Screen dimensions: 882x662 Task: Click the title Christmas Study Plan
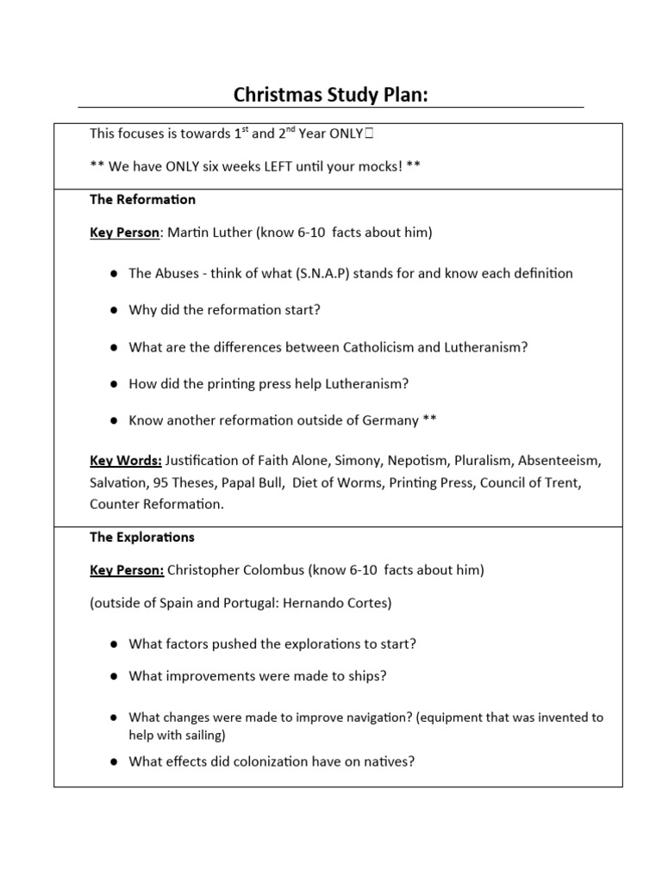click(x=331, y=94)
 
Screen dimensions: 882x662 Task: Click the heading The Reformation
click(x=142, y=200)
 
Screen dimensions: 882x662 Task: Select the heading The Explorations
click(x=142, y=537)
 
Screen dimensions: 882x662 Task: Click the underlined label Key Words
click(x=126, y=460)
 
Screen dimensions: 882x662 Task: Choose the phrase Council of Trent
click(x=530, y=482)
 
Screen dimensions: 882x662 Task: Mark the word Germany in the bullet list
click(x=387, y=420)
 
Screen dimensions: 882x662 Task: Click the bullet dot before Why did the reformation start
click(x=113, y=310)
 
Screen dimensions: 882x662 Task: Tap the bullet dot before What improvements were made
click(x=113, y=677)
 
